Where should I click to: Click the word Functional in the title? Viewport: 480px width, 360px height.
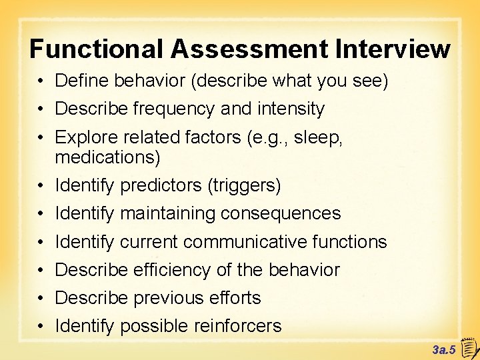tap(96, 49)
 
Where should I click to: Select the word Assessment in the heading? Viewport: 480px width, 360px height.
tap(250, 49)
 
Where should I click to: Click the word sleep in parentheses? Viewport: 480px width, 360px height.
tap(321, 137)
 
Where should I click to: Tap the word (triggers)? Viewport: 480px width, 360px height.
tap(245, 185)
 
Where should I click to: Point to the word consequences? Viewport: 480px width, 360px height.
tap(281, 213)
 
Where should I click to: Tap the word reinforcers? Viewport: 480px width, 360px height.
tap(238, 326)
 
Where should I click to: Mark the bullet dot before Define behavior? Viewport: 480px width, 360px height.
tap(41, 81)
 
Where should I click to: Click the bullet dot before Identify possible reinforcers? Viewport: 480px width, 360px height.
tap(41, 327)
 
